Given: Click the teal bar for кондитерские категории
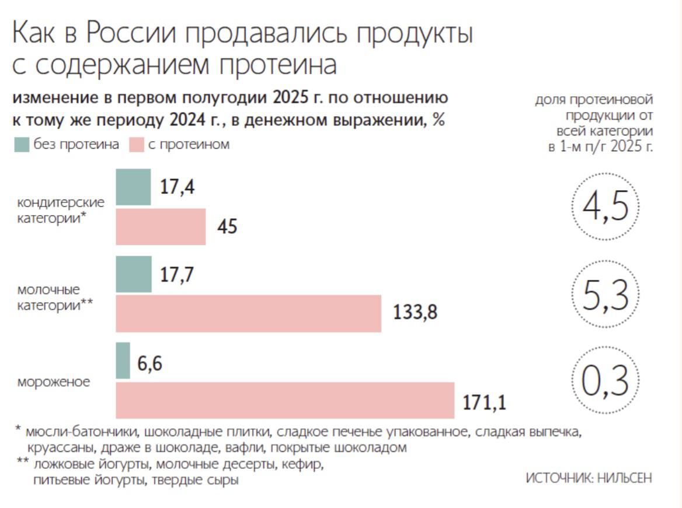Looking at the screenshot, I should pos(133,187).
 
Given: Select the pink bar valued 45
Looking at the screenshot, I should pos(161,226).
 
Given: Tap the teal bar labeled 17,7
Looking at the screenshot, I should pos(134,274).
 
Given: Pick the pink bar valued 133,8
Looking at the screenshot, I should pos(248,313).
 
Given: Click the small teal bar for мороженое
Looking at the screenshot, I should pos(123,360).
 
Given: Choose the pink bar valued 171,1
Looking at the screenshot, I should pos(285,400).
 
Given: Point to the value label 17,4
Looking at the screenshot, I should pos(178,187).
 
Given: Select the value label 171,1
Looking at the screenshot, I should pos(484,402).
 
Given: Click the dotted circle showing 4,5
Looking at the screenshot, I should pos(605,207).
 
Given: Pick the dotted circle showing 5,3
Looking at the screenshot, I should pos(605,293).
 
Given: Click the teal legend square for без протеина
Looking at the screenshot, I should pos(22,145).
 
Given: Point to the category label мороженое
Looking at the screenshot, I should pos(54,383).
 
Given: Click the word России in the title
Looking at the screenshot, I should pos(131,34).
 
